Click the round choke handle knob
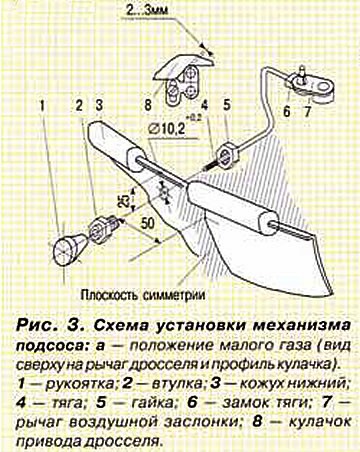pyautogui.click(x=68, y=247)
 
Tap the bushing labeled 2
pyautogui.click(x=102, y=227)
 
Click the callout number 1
pyautogui.click(x=42, y=106)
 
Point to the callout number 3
pyautogui.click(x=99, y=106)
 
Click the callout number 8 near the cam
pyautogui.click(x=148, y=105)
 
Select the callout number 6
pyautogui.click(x=287, y=111)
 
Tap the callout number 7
pyautogui.click(x=308, y=111)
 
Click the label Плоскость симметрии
pyautogui.click(x=143, y=295)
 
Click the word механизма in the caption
pyautogui.click(x=301, y=325)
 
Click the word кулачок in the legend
pyautogui.click(x=319, y=422)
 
